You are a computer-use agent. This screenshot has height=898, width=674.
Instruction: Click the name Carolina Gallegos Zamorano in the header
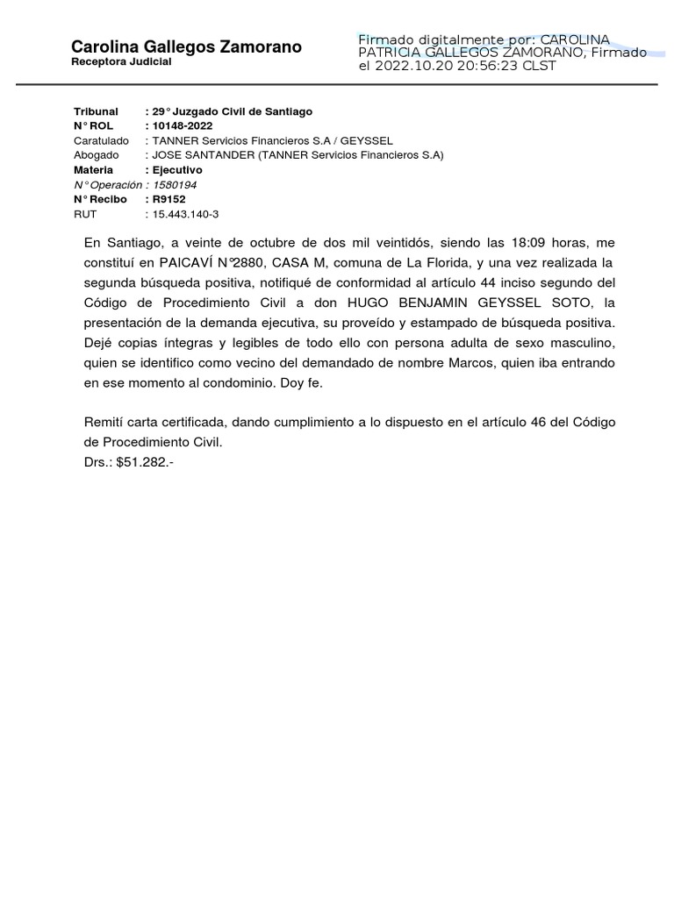coord(186,46)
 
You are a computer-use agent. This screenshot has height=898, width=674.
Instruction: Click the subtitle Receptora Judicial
coord(121,63)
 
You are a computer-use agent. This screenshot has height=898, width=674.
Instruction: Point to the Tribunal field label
coord(96,111)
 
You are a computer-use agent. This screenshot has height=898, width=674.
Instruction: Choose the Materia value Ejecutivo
coord(177,169)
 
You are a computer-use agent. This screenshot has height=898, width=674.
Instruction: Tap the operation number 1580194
coord(175,184)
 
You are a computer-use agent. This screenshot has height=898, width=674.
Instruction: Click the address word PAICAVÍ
coord(187,262)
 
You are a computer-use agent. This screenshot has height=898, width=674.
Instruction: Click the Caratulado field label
coord(101,140)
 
